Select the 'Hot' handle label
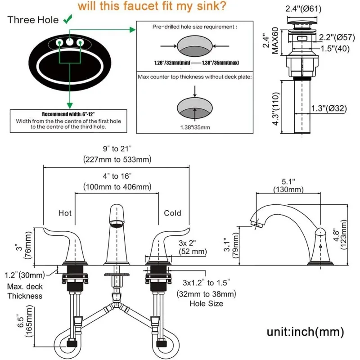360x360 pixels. [65, 213]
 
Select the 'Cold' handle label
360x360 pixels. [172, 213]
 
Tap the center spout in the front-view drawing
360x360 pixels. [117, 234]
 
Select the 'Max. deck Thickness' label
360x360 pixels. [25, 291]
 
